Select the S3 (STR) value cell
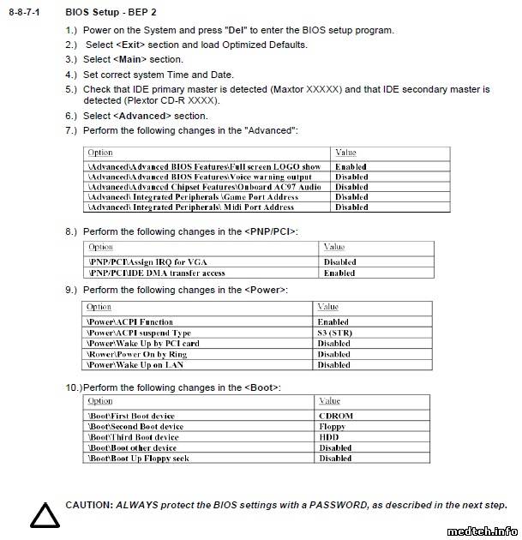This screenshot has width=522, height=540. coord(334,333)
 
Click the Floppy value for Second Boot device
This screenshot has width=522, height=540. coord(332,426)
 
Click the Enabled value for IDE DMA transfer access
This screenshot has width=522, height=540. coord(339,273)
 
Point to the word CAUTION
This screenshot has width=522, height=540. coord(88,505)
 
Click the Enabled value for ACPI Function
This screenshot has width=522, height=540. coord(333,322)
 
